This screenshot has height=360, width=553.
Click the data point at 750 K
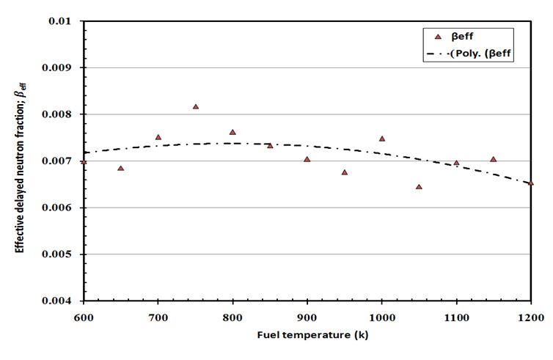coord(196,107)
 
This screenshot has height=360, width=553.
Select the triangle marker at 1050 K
coord(419,187)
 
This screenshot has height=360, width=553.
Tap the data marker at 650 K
coord(121,169)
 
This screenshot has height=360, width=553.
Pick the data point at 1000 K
coord(382,139)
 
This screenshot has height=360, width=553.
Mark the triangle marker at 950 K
coord(345,172)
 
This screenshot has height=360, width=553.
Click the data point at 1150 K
coord(494,159)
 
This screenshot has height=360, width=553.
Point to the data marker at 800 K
coord(232,133)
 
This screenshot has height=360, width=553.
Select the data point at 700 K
coord(158,137)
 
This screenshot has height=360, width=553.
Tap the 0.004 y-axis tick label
coord(62,301)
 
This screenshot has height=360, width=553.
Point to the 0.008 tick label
coord(62,114)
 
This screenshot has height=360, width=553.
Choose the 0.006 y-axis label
coord(62,208)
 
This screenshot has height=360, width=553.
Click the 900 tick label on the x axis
coord(307,316)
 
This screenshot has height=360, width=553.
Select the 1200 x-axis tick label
coord(530,316)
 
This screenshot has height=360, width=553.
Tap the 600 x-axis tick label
coord(84,316)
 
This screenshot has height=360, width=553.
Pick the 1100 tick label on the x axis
coord(456,316)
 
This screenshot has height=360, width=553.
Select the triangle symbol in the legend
coord(439,36)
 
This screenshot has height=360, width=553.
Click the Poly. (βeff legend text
coord(481,54)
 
